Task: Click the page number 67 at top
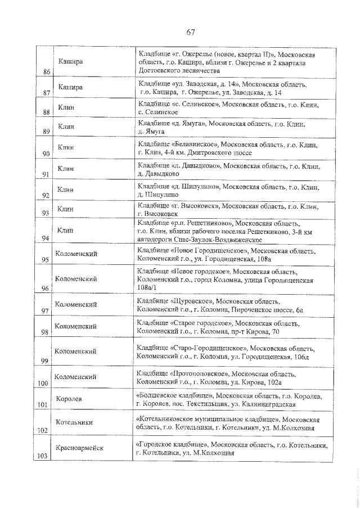[x=191, y=30]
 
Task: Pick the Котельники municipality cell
[x=74, y=422]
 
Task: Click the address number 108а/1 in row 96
[x=146, y=287]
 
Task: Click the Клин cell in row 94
[x=66, y=229]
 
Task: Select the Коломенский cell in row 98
[x=75, y=326]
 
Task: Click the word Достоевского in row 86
[x=160, y=71]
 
